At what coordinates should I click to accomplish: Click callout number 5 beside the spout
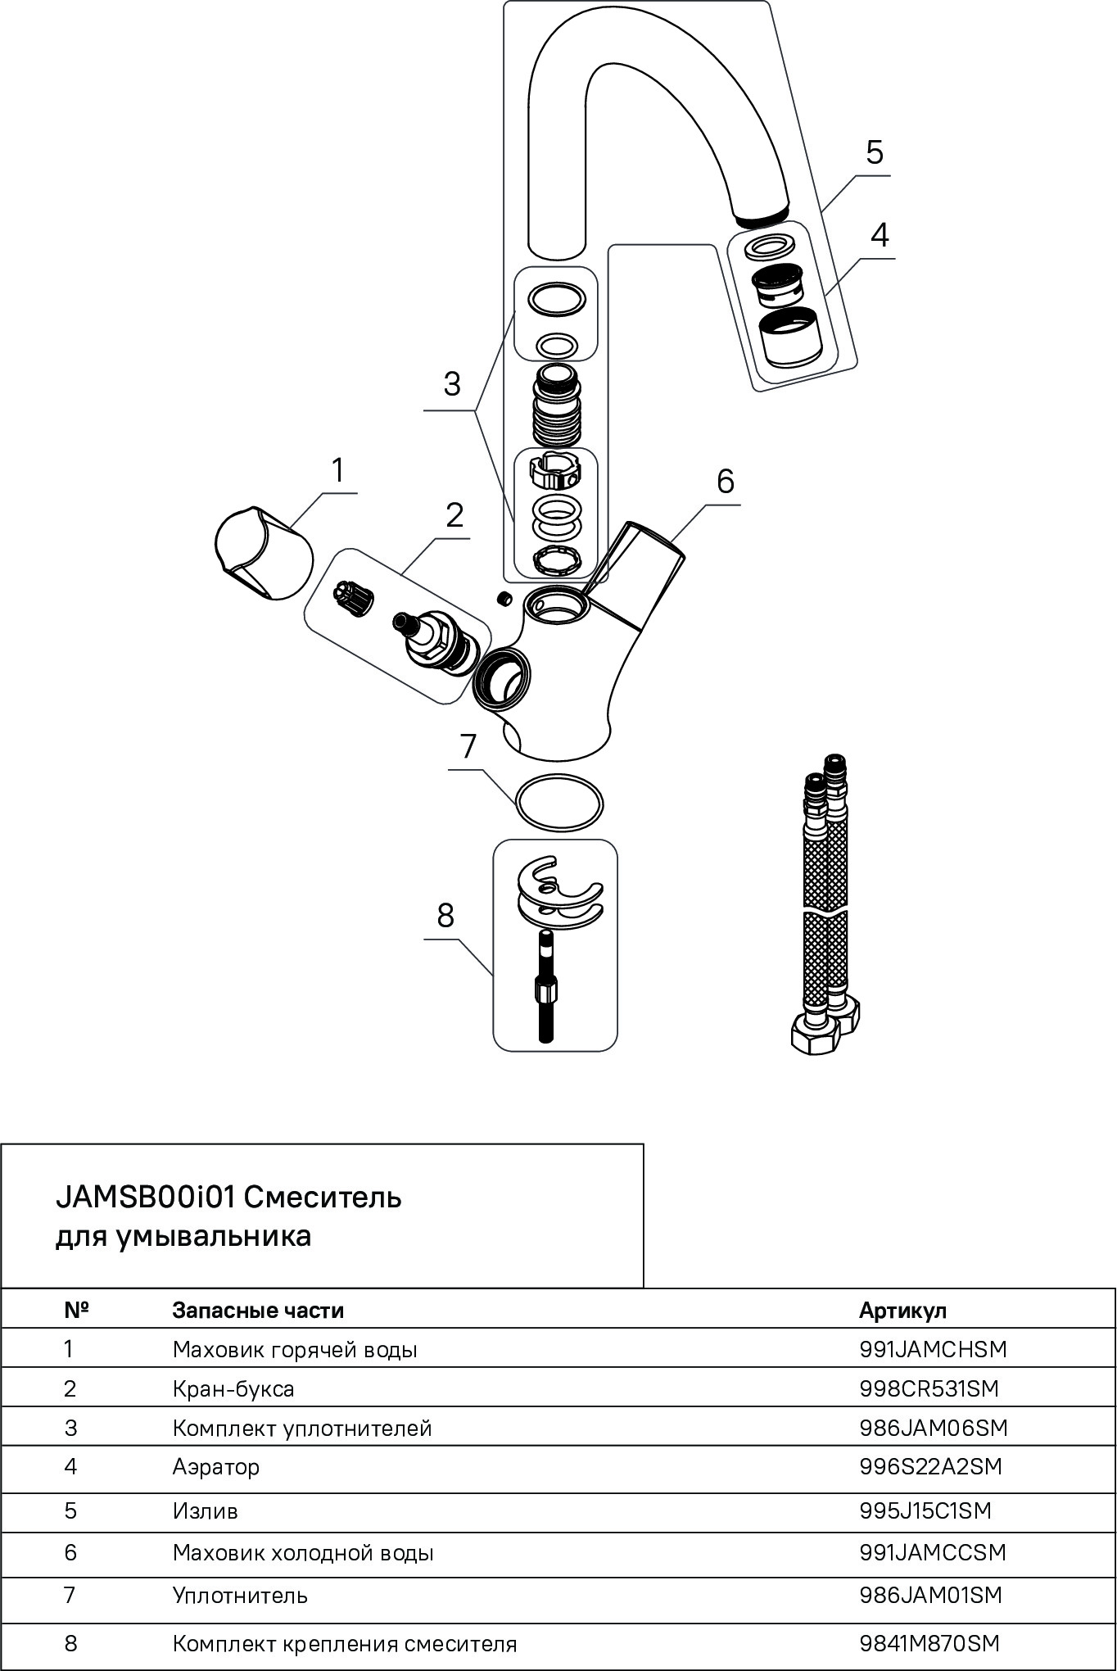tap(875, 153)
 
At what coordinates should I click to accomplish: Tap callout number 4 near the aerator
tap(879, 236)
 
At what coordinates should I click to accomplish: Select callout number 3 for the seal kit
tap(452, 384)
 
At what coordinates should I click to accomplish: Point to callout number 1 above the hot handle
tap(337, 472)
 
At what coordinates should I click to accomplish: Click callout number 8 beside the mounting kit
tap(445, 916)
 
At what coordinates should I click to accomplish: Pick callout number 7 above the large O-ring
tap(468, 747)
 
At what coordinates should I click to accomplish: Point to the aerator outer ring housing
tap(789, 336)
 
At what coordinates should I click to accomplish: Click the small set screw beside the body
tap(504, 598)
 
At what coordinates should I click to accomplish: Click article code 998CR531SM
tap(929, 1388)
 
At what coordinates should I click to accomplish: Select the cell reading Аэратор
tap(215, 1466)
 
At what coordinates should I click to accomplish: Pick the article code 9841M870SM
tap(929, 1643)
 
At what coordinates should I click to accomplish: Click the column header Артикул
tap(902, 1310)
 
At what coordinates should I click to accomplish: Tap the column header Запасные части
tap(258, 1310)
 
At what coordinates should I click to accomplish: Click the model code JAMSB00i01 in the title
tap(146, 1198)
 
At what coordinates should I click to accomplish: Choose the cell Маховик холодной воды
tap(302, 1553)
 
